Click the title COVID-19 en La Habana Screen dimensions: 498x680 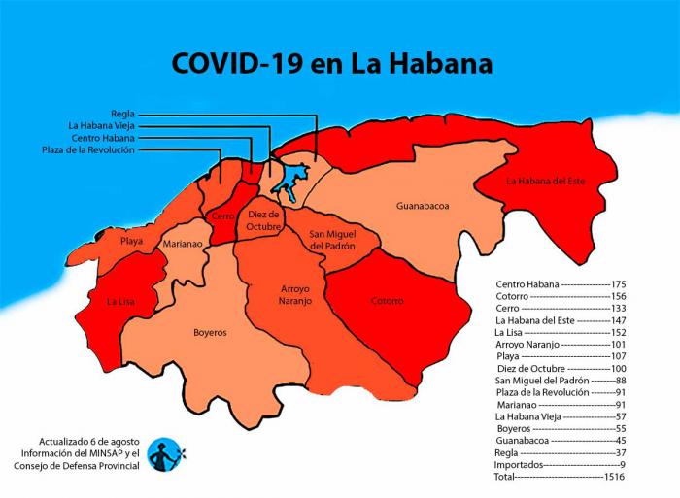point(331,63)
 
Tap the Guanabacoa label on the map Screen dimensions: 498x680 point(422,206)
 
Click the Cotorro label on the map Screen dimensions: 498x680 point(387,301)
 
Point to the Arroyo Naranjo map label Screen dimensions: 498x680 point(283,295)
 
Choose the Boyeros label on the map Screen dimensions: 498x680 point(210,332)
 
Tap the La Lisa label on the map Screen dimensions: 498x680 point(120,301)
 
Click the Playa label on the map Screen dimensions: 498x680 point(132,240)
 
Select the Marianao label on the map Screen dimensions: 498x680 point(183,245)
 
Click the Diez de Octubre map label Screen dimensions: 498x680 point(263,220)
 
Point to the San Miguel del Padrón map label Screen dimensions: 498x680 point(332,240)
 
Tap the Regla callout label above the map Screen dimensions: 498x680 point(122,114)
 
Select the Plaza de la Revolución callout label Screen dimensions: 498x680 point(88,150)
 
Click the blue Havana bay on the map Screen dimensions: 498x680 point(289,181)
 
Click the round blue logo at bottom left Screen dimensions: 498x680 point(165,453)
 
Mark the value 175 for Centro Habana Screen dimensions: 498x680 point(618,283)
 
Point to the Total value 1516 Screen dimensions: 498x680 point(615,478)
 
